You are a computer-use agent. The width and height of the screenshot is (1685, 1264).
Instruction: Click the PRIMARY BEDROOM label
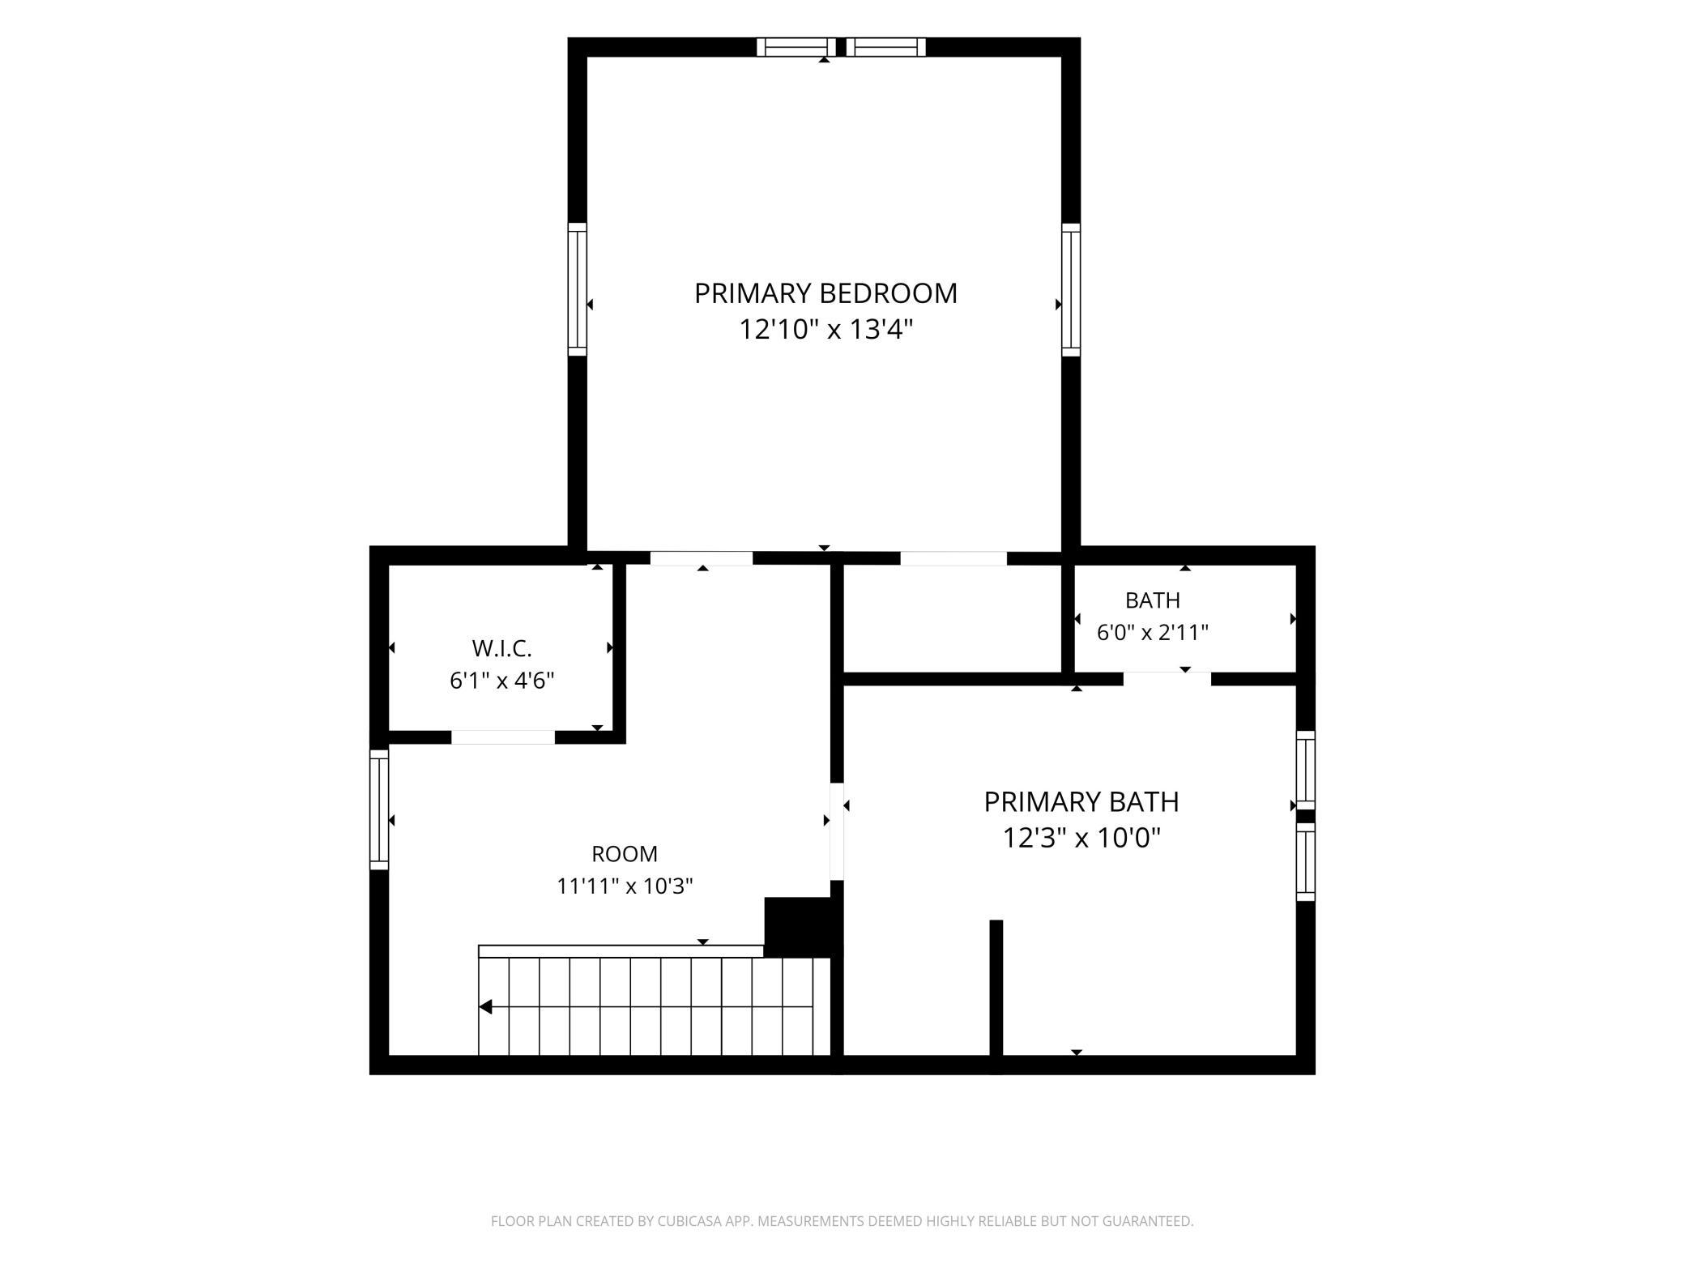pyautogui.click(x=825, y=293)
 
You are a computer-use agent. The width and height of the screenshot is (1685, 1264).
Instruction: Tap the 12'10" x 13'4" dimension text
pyautogui.click(x=825, y=330)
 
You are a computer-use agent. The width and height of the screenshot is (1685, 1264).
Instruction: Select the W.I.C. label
pyautogui.click(x=501, y=648)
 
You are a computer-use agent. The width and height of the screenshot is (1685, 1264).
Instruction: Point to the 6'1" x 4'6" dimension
pyautogui.click(x=501, y=681)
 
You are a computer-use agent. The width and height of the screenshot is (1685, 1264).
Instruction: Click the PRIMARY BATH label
pyautogui.click(x=1081, y=802)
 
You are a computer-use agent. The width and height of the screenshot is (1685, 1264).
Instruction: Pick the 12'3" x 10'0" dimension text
pyautogui.click(x=1081, y=837)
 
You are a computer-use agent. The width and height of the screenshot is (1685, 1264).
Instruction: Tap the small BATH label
pyautogui.click(x=1152, y=600)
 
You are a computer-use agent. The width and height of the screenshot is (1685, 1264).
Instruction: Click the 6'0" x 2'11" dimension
pyautogui.click(x=1152, y=632)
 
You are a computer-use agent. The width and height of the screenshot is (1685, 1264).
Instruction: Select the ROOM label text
pyautogui.click(x=625, y=854)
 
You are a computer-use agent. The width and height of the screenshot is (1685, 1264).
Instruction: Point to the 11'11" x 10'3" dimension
pyautogui.click(x=625, y=886)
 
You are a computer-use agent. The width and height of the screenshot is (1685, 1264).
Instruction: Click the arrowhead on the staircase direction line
pyautogui.click(x=485, y=1007)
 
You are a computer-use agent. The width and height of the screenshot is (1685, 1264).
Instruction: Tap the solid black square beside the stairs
pyautogui.click(x=798, y=927)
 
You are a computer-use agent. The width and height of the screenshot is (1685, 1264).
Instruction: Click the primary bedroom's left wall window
pyautogui.click(x=577, y=289)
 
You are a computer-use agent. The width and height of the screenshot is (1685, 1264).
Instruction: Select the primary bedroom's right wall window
pyautogui.click(x=1071, y=289)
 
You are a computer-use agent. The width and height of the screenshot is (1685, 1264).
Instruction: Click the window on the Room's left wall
pyautogui.click(x=379, y=809)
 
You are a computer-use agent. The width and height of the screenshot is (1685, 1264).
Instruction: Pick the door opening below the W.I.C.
pyautogui.click(x=503, y=737)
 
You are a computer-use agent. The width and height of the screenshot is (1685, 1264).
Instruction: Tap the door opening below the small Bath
pyautogui.click(x=1167, y=679)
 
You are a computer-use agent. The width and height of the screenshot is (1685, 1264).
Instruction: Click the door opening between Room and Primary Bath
pyautogui.click(x=838, y=831)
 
